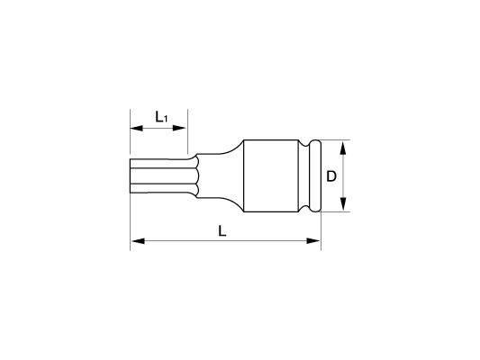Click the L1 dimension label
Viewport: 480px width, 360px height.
(x=161, y=117)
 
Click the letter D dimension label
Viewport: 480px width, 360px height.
(x=331, y=176)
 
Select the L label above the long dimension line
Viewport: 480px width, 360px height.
(x=222, y=231)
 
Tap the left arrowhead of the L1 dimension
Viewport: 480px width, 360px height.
(x=137, y=128)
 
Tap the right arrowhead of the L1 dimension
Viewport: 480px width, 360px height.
(x=179, y=128)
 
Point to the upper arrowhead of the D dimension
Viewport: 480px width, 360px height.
(x=343, y=148)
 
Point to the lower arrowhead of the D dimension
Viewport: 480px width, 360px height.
(x=343, y=204)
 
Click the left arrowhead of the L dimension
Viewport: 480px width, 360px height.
(x=138, y=241)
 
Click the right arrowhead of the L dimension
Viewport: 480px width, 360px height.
(x=312, y=241)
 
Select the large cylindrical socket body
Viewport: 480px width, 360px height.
(x=271, y=175)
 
